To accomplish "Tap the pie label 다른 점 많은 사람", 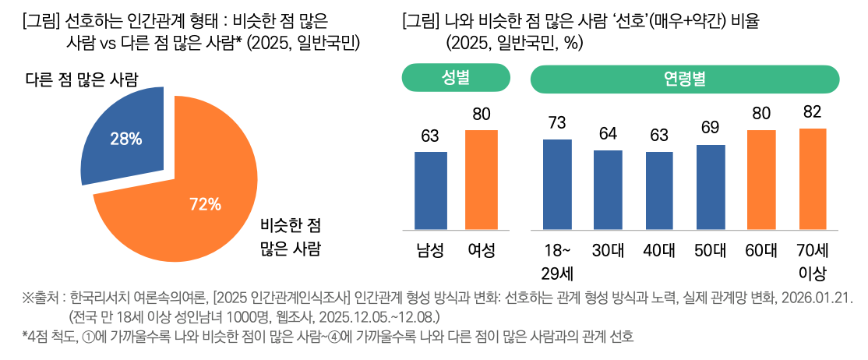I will [83, 79].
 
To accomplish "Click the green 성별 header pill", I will [456, 79].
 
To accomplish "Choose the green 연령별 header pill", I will [684, 79].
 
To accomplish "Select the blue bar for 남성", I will [430, 191].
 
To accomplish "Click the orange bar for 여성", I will [482, 180].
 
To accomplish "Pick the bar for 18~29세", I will [557, 185].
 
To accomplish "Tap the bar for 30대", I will [608, 190].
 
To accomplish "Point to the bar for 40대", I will [658, 191].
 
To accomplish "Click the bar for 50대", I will [711, 188].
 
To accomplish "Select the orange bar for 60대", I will [761, 180].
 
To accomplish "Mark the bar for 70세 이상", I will [812, 179].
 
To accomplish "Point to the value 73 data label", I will [557, 122].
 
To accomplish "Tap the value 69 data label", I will [711, 128].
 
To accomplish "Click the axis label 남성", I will [430, 251].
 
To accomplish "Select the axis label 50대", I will [711, 251].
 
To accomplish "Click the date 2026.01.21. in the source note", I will [819, 299].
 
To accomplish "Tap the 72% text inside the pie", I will [206, 205].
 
